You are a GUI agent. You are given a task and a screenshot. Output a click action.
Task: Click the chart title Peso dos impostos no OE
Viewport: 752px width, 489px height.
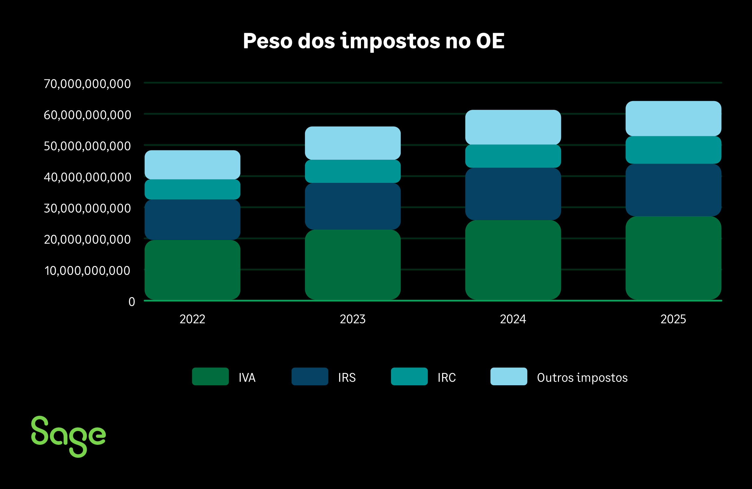click(374, 41)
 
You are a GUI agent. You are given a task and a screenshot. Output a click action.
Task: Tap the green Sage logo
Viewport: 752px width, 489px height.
click(68, 436)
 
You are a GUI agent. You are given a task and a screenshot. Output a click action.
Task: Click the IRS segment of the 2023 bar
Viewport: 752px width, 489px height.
click(353, 206)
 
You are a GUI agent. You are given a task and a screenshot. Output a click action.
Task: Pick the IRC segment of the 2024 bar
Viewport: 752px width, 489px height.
click(513, 156)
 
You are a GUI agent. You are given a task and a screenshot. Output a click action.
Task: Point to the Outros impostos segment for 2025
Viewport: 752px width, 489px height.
click(673, 118)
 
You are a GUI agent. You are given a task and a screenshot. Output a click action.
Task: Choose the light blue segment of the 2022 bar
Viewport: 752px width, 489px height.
click(193, 165)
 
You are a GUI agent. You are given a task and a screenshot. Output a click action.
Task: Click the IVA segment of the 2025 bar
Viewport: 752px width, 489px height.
click(673, 257)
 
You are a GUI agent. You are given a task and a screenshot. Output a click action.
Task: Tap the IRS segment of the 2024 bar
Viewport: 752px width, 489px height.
click(513, 194)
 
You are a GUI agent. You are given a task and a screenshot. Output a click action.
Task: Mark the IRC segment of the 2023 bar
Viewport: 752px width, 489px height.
click(353, 171)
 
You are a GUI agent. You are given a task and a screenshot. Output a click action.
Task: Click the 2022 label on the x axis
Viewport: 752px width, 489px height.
click(193, 319)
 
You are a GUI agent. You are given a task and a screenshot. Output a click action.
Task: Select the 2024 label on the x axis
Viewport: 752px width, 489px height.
click(513, 319)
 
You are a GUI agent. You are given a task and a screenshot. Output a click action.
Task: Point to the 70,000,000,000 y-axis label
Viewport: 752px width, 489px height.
click(87, 84)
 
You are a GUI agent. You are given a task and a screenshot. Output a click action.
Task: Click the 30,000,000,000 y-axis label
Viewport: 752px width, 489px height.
click(87, 208)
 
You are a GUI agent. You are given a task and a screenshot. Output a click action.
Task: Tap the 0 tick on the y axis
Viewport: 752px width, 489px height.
click(132, 302)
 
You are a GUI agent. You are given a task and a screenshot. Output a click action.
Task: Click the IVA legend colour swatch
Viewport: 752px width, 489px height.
click(210, 376)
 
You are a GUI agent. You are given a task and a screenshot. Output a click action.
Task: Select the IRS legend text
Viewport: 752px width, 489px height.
click(347, 377)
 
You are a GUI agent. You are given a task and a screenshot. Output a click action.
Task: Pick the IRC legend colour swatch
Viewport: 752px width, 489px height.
click(409, 376)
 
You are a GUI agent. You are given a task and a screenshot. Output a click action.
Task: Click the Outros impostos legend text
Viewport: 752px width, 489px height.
click(582, 377)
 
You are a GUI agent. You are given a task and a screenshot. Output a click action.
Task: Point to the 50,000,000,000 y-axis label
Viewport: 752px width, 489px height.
click(87, 146)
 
